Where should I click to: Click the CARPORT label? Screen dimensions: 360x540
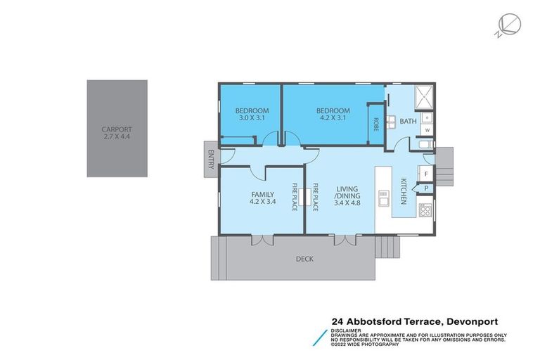coord(117,129)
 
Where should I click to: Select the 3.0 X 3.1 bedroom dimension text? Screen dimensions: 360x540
coord(252,119)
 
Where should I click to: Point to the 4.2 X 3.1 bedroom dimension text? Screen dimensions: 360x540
coord(333,119)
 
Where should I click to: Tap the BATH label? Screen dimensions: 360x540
coord(408,122)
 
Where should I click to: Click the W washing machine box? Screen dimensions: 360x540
coord(427,130)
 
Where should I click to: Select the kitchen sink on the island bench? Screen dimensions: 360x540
coord(384,199)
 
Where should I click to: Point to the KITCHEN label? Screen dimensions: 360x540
coord(404,191)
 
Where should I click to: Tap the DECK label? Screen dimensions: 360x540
coord(304,259)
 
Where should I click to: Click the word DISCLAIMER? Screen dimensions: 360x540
coord(348,330)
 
